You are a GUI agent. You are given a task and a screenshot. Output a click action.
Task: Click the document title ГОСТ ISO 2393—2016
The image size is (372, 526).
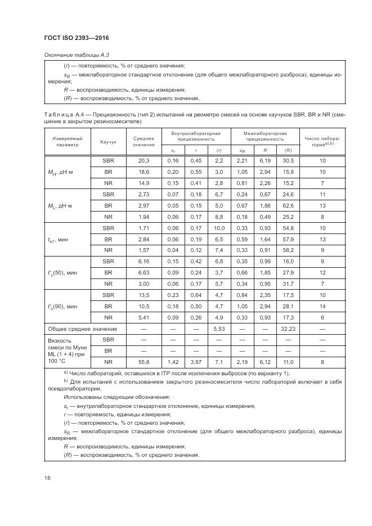(76, 38)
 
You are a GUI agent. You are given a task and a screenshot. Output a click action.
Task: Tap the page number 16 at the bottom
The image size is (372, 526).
(48, 478)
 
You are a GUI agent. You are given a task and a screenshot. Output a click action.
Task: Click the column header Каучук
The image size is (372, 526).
(108, 142)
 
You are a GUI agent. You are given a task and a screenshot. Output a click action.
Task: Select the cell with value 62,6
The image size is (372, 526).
(287, 205)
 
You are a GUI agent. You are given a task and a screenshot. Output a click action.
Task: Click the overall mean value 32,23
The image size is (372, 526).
(287, 329)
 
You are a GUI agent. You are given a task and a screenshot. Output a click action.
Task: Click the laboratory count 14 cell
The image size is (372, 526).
(322, 307)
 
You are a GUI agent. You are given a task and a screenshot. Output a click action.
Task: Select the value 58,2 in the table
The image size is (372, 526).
(287, 250)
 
